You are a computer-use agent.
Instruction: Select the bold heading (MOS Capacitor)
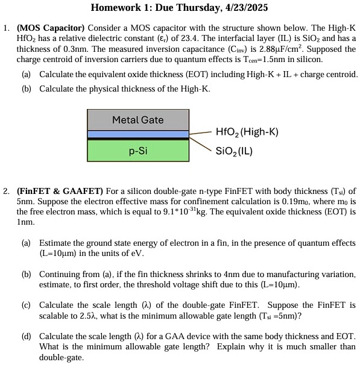(x=51, y=28)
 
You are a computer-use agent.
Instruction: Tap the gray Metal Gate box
(x=137, y=120)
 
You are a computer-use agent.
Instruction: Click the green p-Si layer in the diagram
(x=137, y=151)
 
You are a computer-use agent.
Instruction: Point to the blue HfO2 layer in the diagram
(x=137, y=134)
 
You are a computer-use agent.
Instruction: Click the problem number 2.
(x=6, y=192)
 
